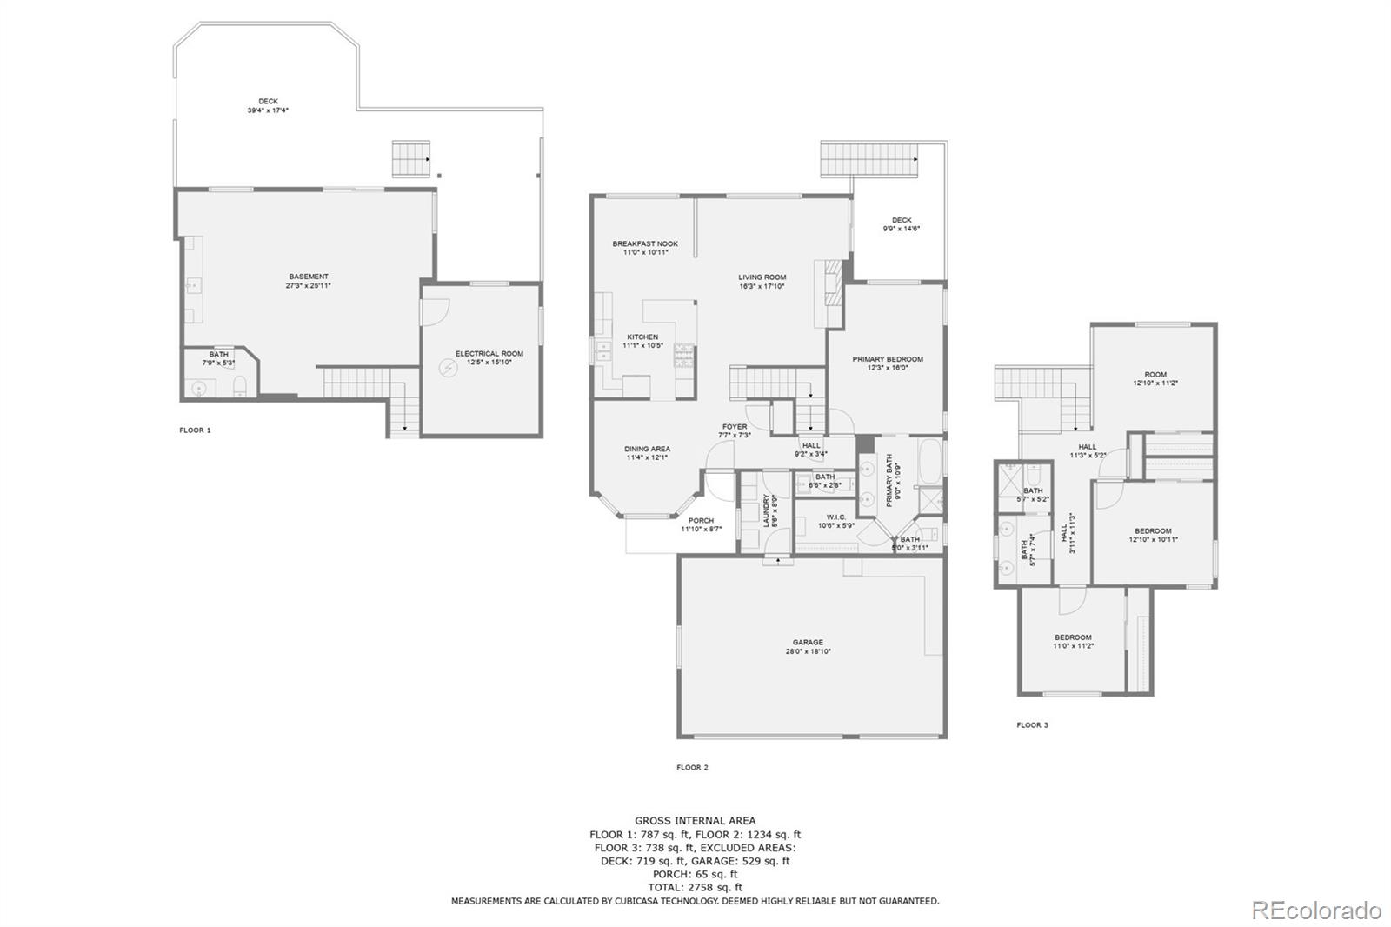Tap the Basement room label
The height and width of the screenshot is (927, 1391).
pyautogui.click(x=309, y=277)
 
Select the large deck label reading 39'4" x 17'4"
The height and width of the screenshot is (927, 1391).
pyautogui.click(x=268, y=110)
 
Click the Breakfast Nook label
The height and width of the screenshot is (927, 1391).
pyautogui.click(x=645, y=244)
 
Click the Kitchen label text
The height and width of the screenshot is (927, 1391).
pyautogui.click(x=642, y=337)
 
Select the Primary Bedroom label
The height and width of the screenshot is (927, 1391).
pyautogui.click(x=888, y=359)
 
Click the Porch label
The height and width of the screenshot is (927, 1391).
pyautogui.click(x=701, y=521)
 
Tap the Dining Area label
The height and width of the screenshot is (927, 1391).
pyautogui.click(x=647, y=450)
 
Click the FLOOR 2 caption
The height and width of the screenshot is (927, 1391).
pyautogui.click(x=692, y=767)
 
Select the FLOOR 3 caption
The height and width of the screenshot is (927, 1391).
pyautogui.click(x=1032, y=724)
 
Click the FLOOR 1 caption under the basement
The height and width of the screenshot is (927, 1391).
pyautogui.click(x=195, y=430)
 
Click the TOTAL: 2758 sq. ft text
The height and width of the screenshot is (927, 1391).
pyautogui.click(x=695, y=888)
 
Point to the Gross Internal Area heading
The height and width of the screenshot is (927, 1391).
pyautogui.click(x=695, y=820)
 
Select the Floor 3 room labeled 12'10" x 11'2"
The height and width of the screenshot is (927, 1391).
pyautogui.click(x=1155, y=379)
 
